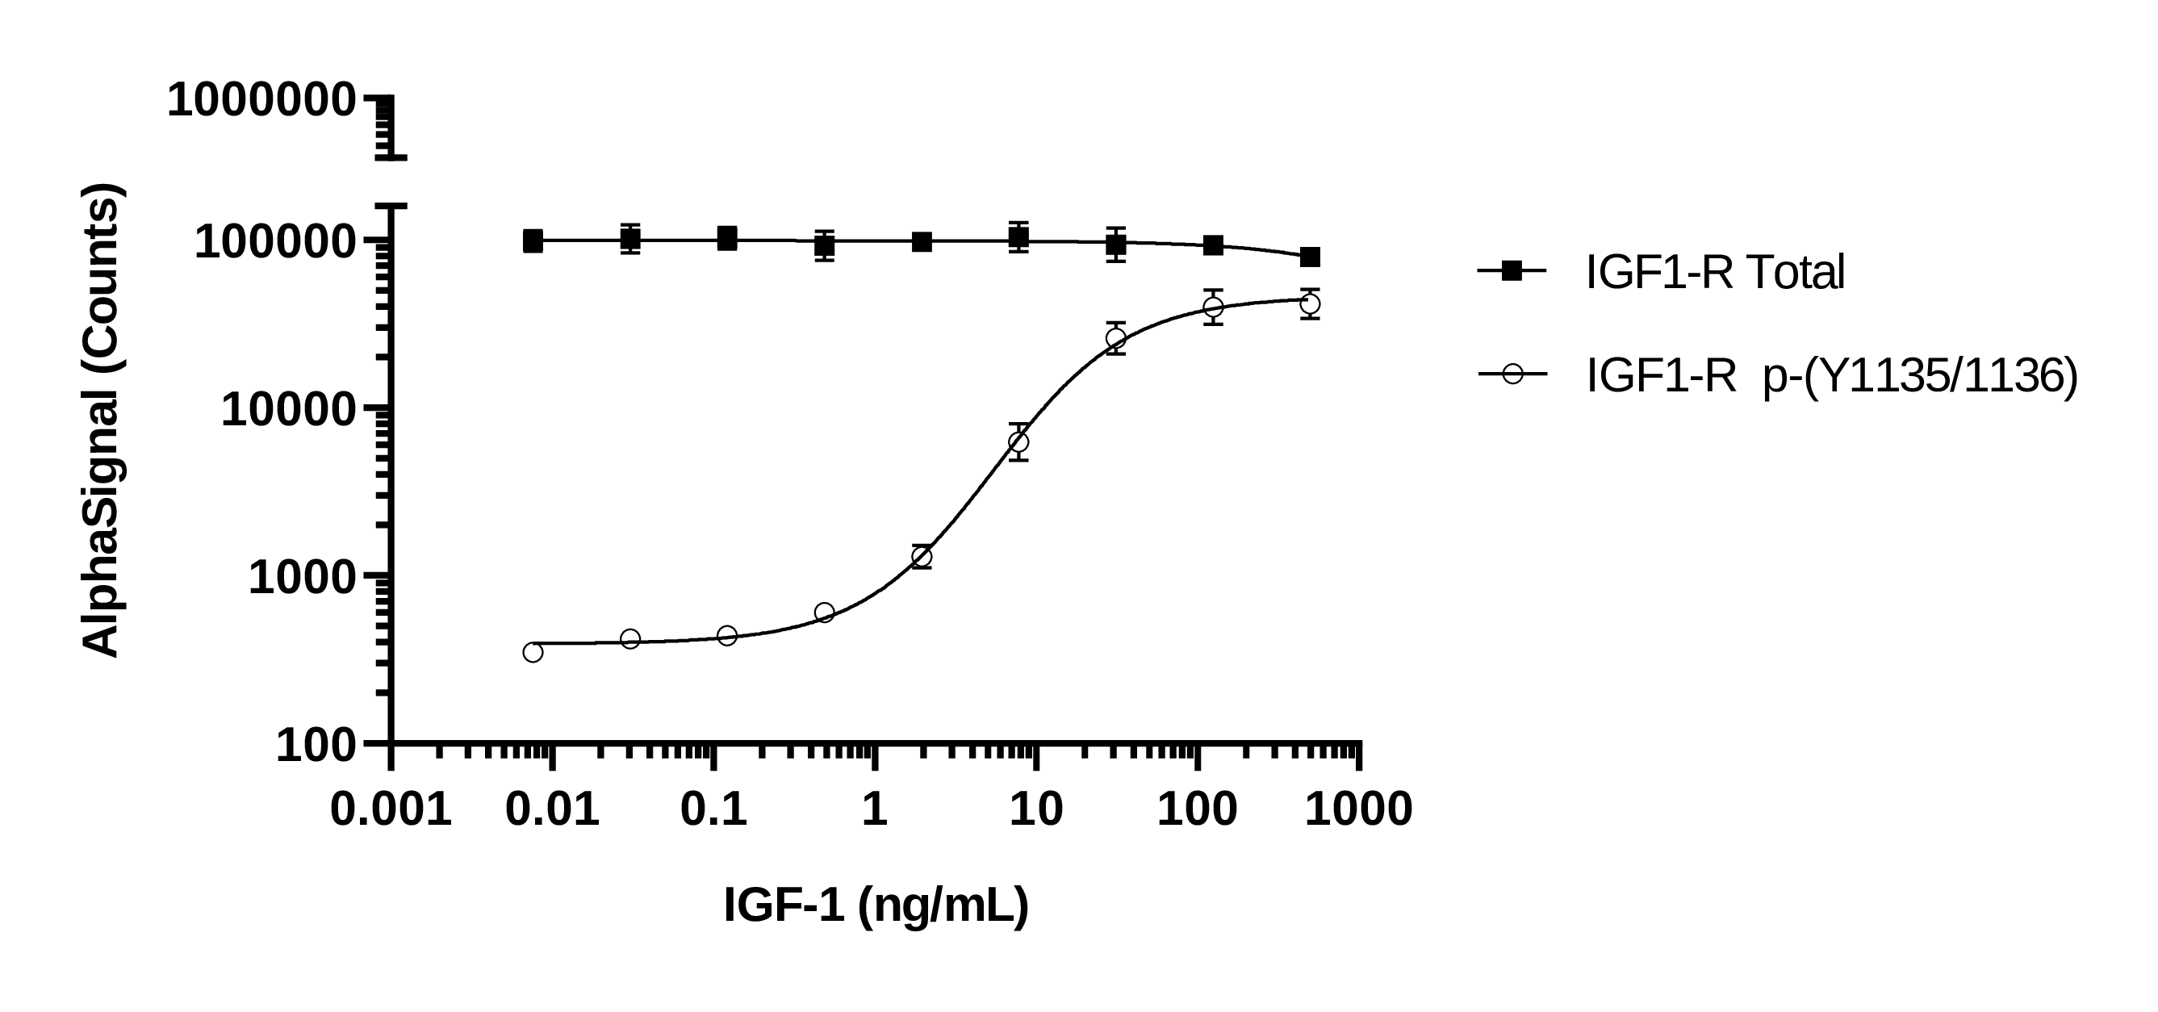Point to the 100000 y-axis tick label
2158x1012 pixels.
coord(276,243)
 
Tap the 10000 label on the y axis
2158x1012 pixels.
coord(289,411)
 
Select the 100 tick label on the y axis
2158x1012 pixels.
coord(316,746)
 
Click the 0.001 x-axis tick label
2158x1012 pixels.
coord(391,810)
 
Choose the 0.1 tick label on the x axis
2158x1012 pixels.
coord(713,810)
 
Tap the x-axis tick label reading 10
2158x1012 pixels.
coord(1035,810)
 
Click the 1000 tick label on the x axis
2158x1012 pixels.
coord(1358,810)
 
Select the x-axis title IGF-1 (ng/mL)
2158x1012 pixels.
coord(876,905)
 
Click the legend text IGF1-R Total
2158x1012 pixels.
coord(1715,272)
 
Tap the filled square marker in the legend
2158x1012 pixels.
coord(1512,270)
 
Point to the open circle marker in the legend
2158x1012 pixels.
coord(1512,374)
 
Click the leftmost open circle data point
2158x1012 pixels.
coord(533,653)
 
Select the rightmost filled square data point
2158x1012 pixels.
coord(1311,257)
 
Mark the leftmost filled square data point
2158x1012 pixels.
coord(533,241)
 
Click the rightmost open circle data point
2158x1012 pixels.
coord(1311,303)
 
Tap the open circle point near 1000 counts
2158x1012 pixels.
coord(922,556)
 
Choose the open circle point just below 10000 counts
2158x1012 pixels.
coord(1018,441)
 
